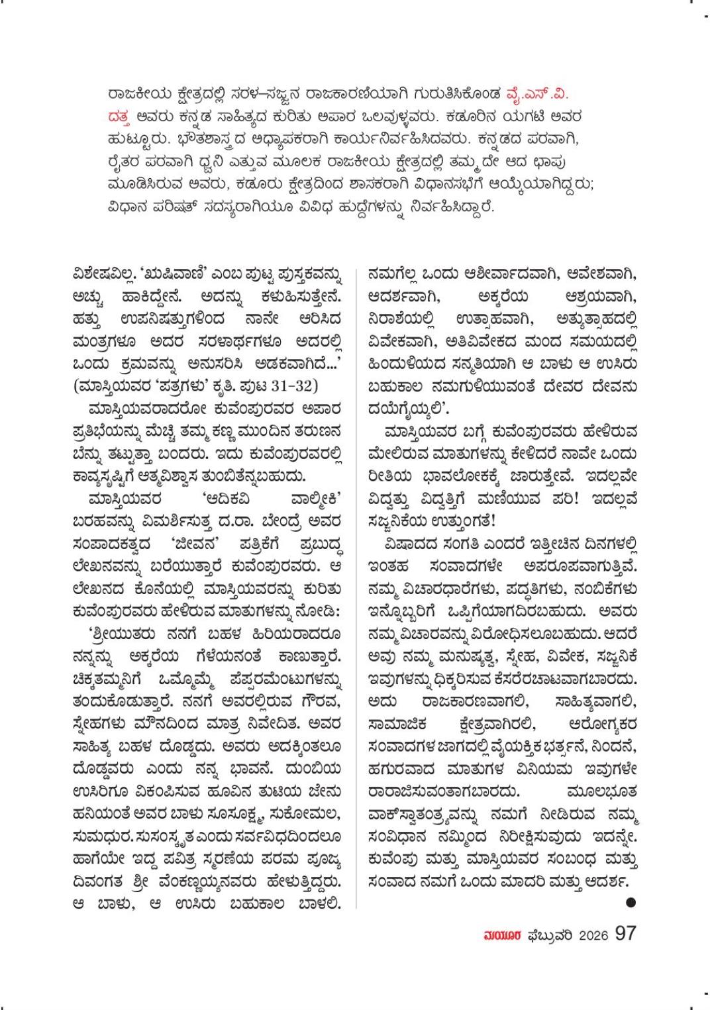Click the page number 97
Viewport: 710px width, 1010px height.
625,934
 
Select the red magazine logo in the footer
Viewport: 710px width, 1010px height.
503,935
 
